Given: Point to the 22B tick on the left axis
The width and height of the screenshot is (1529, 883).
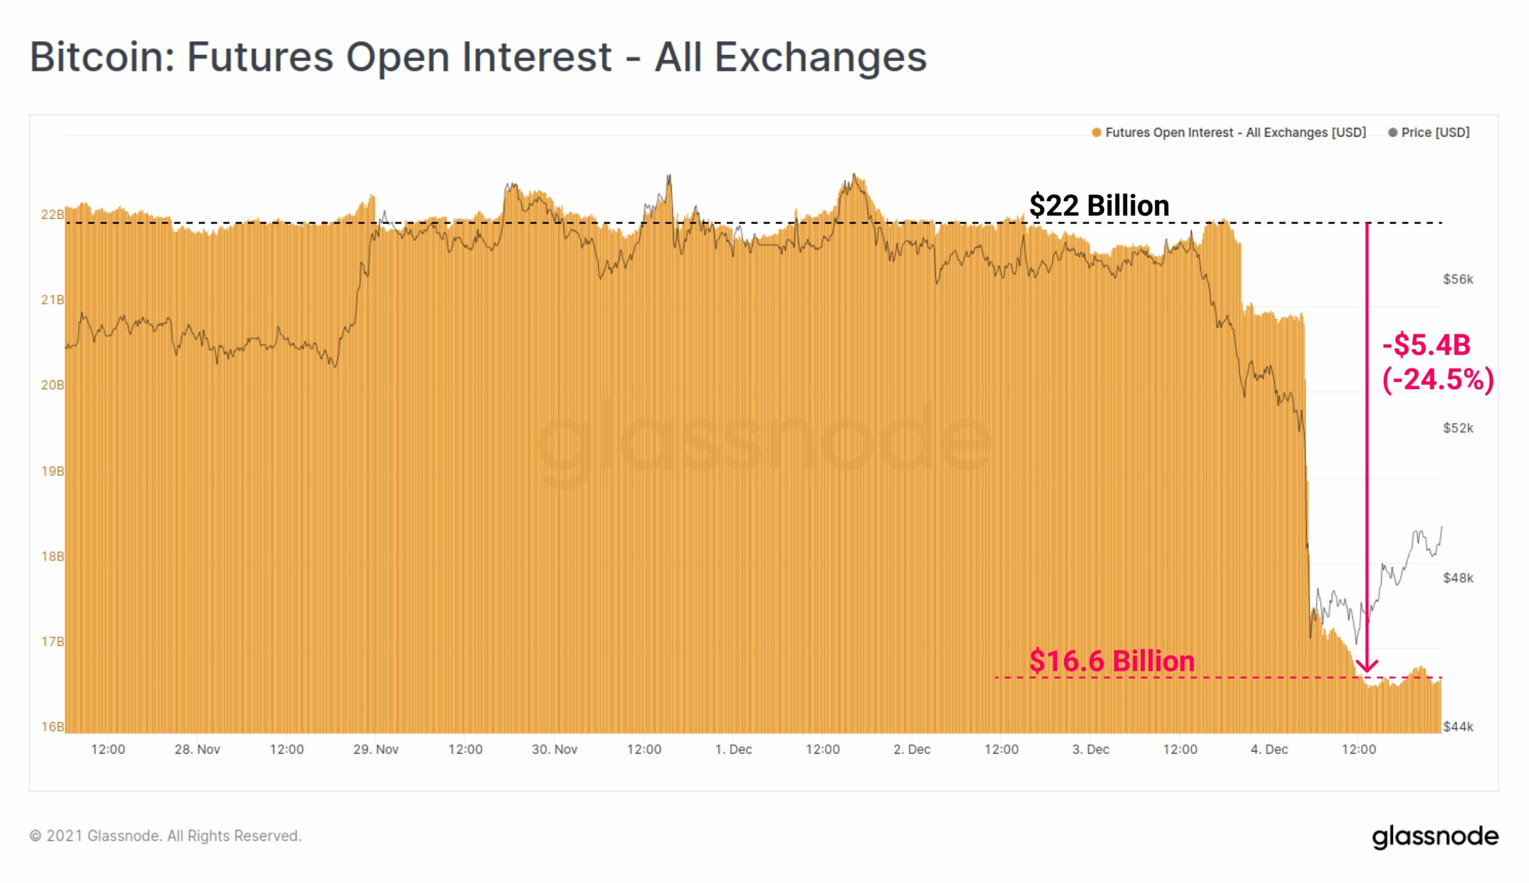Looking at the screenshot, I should [52, 214].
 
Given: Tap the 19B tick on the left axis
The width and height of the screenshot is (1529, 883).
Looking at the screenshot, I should [52, 471].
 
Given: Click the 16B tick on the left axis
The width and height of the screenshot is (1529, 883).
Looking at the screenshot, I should [52, 727].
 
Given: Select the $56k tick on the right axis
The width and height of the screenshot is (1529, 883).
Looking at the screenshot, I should [1457, 279].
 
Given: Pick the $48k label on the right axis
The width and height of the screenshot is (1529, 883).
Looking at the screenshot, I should [1457, 578].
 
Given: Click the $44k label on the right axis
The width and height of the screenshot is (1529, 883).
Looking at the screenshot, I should [1457, 727].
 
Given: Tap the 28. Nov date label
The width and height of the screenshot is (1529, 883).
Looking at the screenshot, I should [197, 750].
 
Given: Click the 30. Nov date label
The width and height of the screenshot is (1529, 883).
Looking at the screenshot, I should [554, 750].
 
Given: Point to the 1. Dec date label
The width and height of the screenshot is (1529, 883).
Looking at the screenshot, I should [733, 750].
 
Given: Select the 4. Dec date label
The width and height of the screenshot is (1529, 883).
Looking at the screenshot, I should [1269, 750].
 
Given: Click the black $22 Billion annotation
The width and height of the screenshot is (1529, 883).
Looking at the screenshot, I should [1099, 205].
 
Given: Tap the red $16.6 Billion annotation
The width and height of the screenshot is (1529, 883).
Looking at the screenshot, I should [1112, 661].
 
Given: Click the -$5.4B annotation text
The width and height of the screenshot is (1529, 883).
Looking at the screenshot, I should [1426, 345].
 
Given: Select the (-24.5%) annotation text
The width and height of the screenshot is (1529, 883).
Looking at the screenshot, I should [1438, 380].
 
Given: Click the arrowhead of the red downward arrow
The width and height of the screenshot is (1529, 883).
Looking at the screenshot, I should [1367, 667].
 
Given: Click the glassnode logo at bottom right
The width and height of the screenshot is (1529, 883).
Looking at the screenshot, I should [1435, 836].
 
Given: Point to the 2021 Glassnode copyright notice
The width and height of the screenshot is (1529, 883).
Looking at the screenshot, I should [165, 836].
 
